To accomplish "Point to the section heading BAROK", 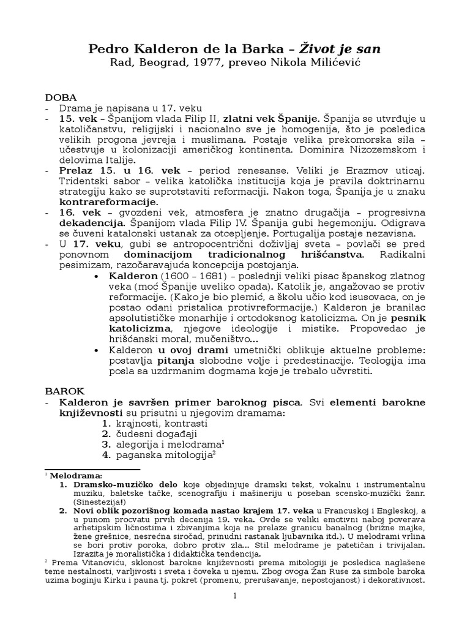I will tap(65, 389).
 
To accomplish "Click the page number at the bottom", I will tap(234, 597).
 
